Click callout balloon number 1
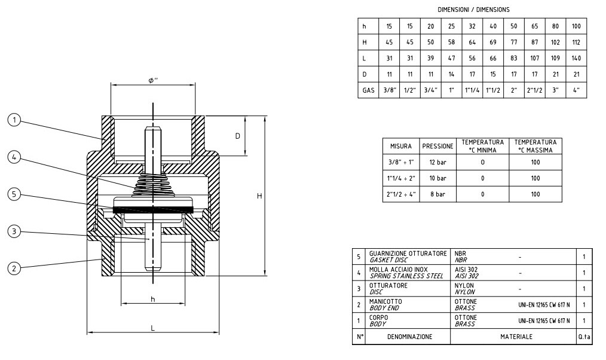[14, 120]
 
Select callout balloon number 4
[14, 157]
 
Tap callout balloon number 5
[14, 194]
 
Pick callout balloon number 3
[14, 231]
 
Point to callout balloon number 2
[14, 269]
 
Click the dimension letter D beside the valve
[238, 136]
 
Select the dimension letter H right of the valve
[259, 196]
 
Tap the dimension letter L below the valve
[152, 328]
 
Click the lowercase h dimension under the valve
[152, 299]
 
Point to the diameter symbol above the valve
[153, 80]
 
